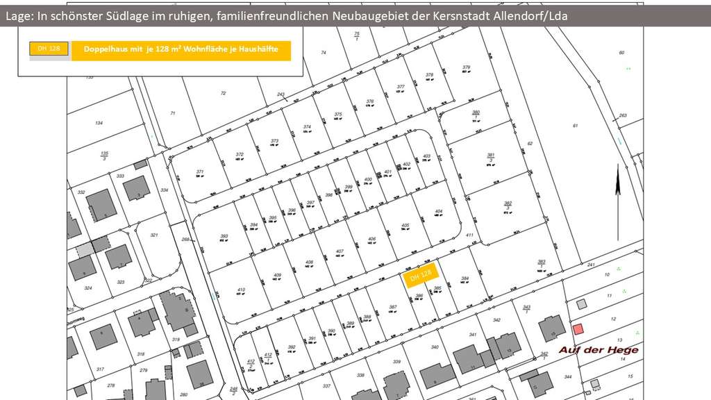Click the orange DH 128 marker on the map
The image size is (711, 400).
[419, 276]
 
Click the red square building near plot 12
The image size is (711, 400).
[577, 327]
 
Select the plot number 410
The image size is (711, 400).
[241, 290]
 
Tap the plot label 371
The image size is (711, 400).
[200, 172]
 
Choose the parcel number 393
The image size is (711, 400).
[224, 236]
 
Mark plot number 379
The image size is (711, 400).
[466, 67]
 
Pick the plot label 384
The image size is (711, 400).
[465, 278]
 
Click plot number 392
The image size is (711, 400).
[292, 347]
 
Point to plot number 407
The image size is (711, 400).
[340, 251]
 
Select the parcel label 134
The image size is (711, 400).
[99, 123]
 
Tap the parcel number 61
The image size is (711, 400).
[575, 125]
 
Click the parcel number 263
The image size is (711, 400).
[623, 115]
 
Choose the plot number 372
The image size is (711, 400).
[240, 155]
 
